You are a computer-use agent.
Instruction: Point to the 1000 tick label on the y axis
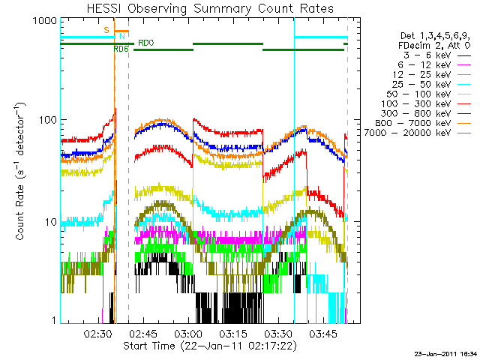tap(46, 22)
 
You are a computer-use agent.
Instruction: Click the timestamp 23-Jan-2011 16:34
tap(445, 353)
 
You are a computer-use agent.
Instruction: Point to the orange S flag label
tap(106, 29)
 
